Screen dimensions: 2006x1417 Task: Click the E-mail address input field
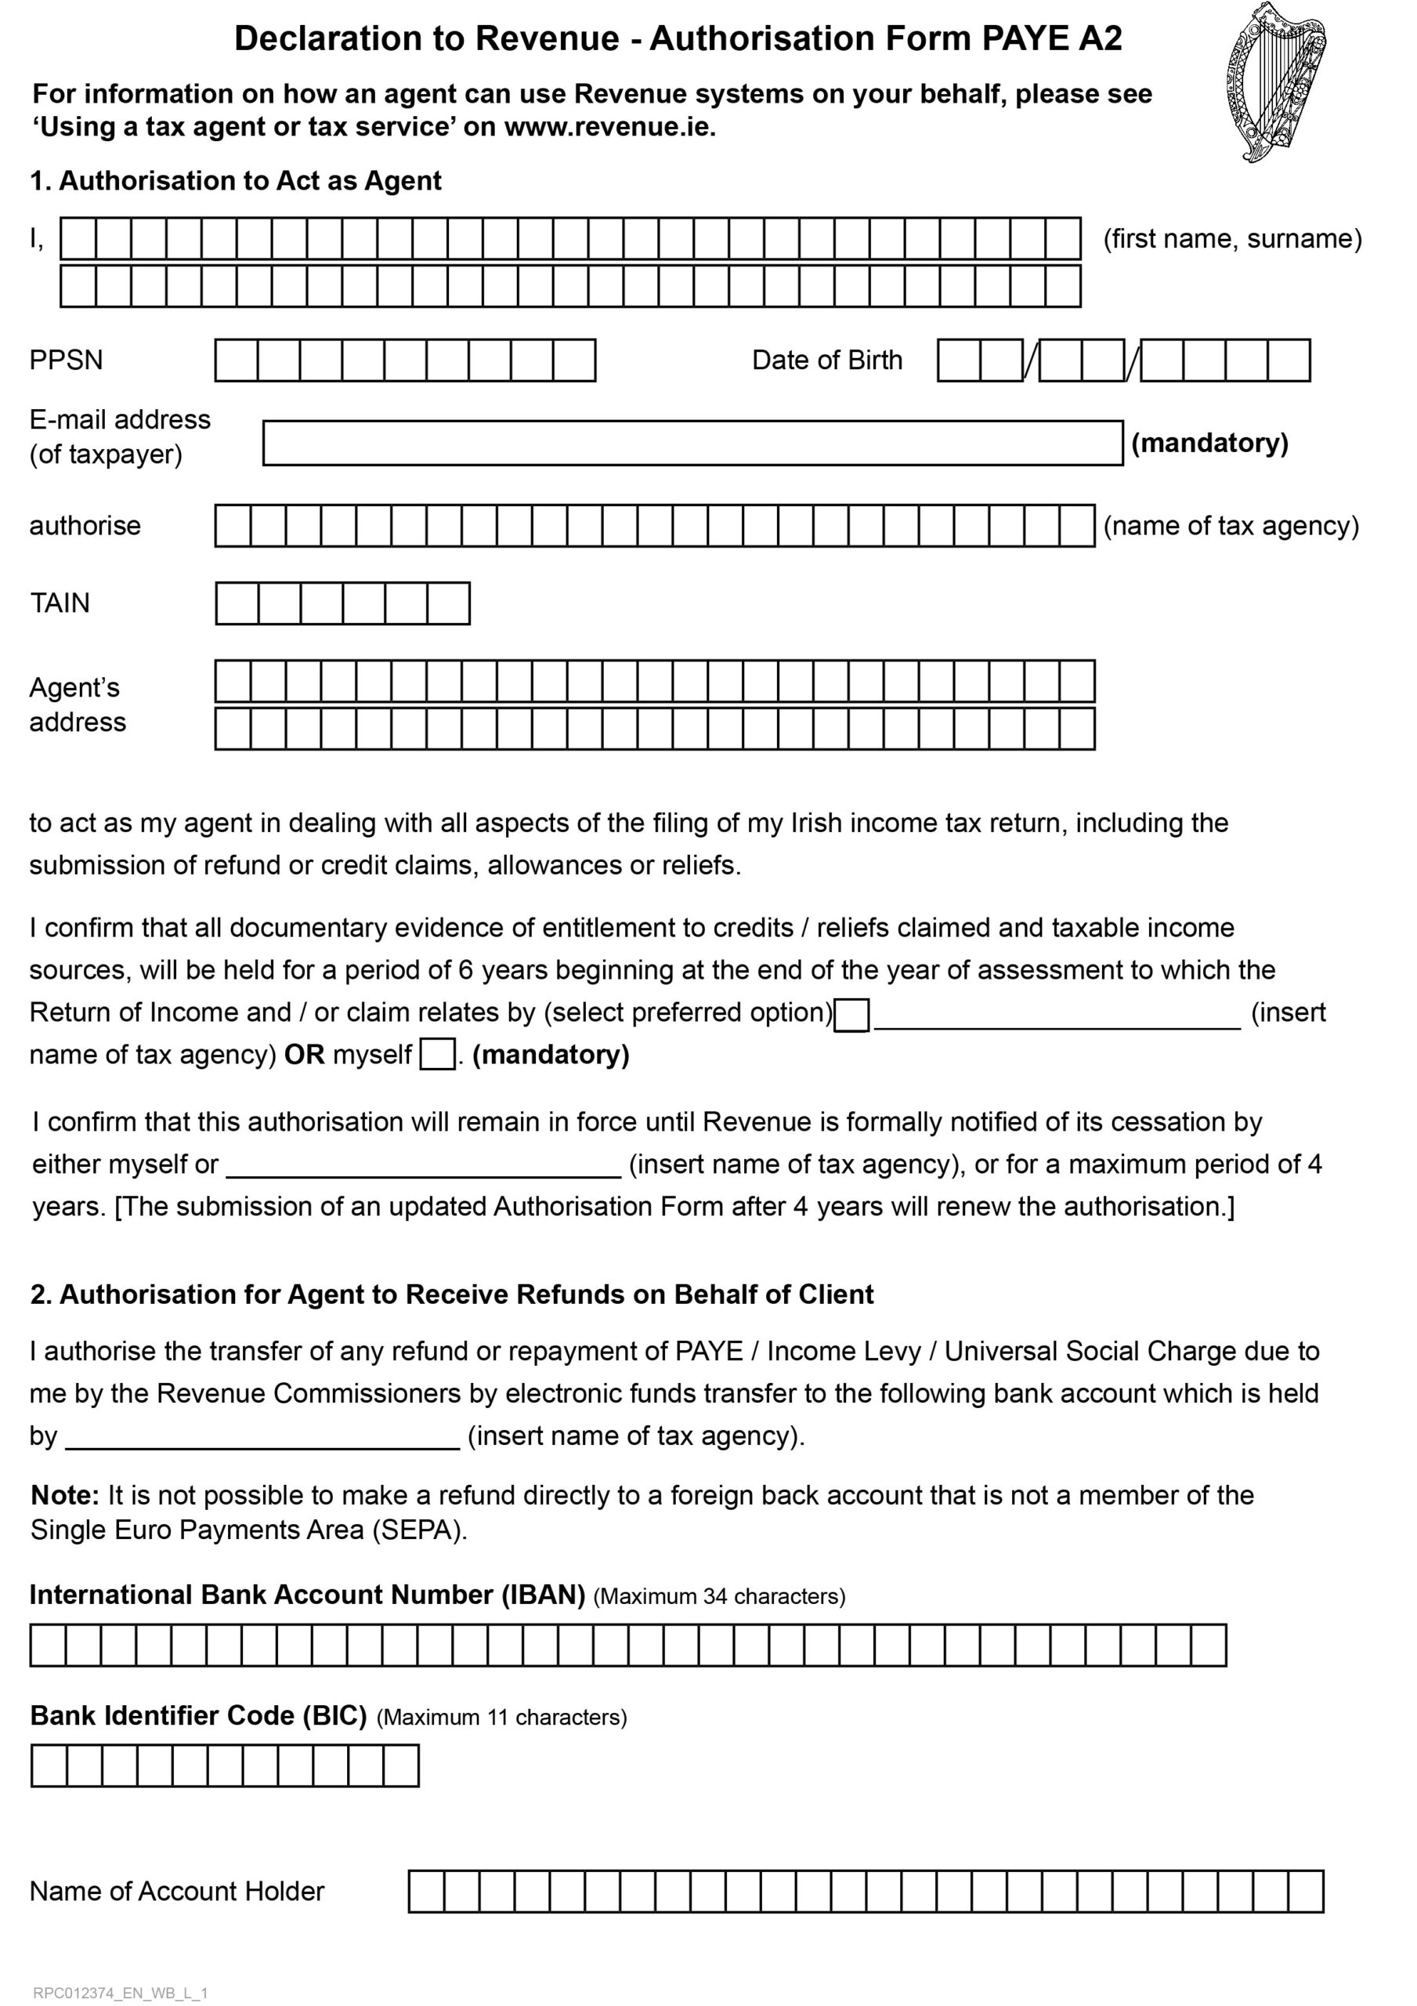tap(692, 443)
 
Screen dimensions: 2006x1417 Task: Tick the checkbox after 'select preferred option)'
tap(851, 1016)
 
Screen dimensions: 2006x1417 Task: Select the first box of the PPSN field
tap(236, 360)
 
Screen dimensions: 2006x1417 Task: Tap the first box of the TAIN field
tap(237, 603)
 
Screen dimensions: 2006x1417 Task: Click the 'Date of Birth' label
tap(826, 360)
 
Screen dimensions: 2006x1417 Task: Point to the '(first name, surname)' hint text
tap(1232, 238)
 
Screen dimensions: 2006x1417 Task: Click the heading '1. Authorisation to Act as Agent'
tap(236, 181)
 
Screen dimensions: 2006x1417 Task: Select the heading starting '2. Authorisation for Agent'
tap(452, 1294)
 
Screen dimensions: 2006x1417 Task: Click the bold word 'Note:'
tap(66, 1495)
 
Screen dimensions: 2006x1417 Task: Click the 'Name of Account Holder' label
tap(176, 1892)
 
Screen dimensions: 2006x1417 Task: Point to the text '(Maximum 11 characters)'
tap(501, 1717)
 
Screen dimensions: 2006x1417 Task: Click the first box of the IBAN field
tap(48, 1646)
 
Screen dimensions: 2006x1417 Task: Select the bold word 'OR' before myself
tap(304, 1055)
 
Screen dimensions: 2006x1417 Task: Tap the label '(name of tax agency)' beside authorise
tap(1231, 525)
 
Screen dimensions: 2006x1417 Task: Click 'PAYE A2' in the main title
tap(1052, 38)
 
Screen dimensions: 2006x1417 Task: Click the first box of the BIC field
tap(49, 1765)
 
